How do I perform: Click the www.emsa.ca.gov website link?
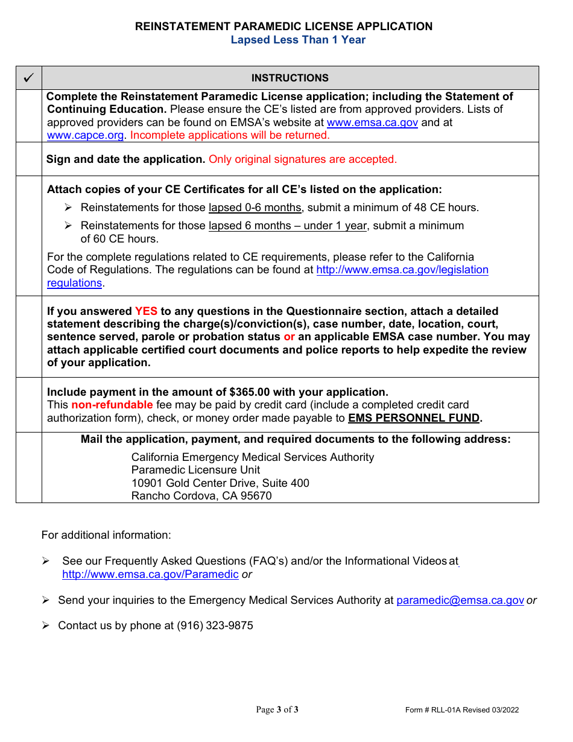372,122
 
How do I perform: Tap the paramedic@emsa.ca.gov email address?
460,600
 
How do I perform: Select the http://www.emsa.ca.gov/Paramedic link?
150,574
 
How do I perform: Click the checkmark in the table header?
28,78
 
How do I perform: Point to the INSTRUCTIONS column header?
290,78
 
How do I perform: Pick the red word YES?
146,311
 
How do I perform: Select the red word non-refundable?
112,405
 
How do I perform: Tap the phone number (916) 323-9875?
215,626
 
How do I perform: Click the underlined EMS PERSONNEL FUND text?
414,418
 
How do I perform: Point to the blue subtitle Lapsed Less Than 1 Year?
298,40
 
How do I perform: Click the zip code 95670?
256,496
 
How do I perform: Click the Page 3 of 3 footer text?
277,709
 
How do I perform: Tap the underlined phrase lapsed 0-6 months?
255,208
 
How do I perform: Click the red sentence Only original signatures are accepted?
302,159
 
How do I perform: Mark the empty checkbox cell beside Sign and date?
28,159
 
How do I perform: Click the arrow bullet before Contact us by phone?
46,626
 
